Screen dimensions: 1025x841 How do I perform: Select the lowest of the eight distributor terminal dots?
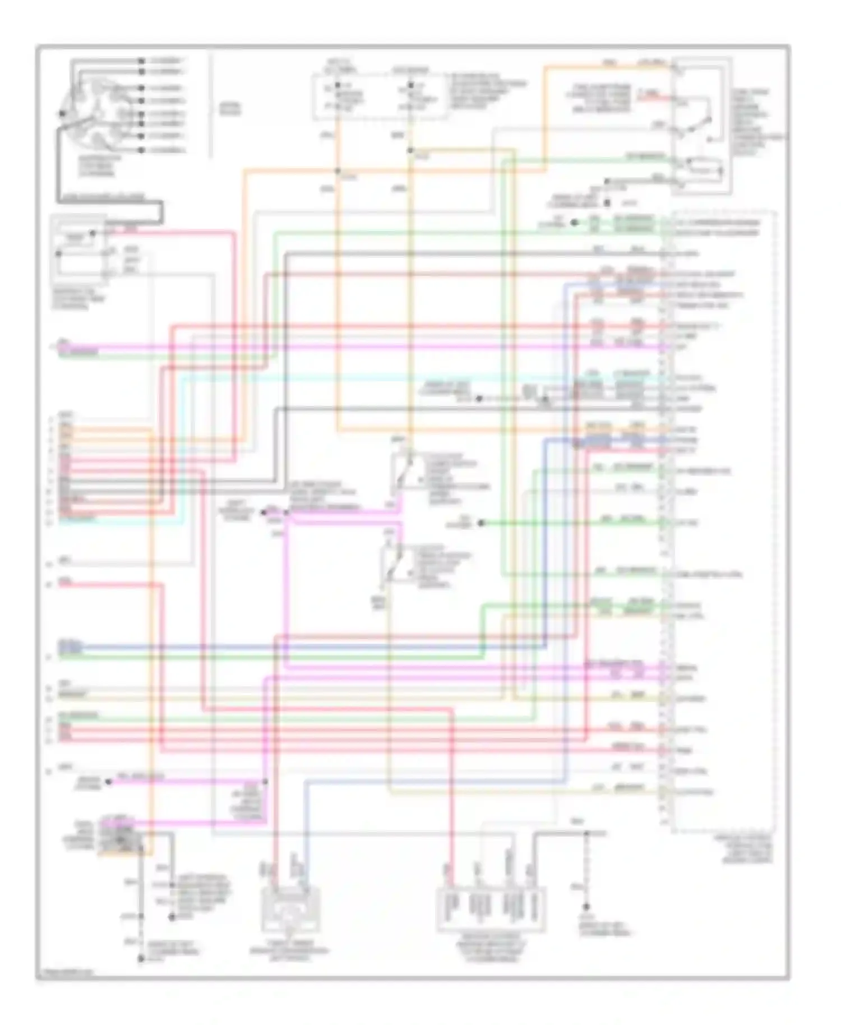[x=141, y=150]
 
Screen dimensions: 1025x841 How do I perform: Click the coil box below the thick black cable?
[x=78, y=249]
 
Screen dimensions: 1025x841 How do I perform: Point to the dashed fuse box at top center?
[x=380, y=96]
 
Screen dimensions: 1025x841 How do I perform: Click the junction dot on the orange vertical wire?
[x=338, y=172]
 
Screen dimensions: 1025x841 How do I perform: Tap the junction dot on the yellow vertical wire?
[x=410, y=150]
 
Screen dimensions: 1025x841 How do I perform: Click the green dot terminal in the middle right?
[x=481, y=523]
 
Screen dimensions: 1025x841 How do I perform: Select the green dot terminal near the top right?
[x=574, y=223]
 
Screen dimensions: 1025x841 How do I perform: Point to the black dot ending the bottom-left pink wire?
[x=109, y=781]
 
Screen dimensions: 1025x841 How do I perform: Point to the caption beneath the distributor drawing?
[x=99, y=166]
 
